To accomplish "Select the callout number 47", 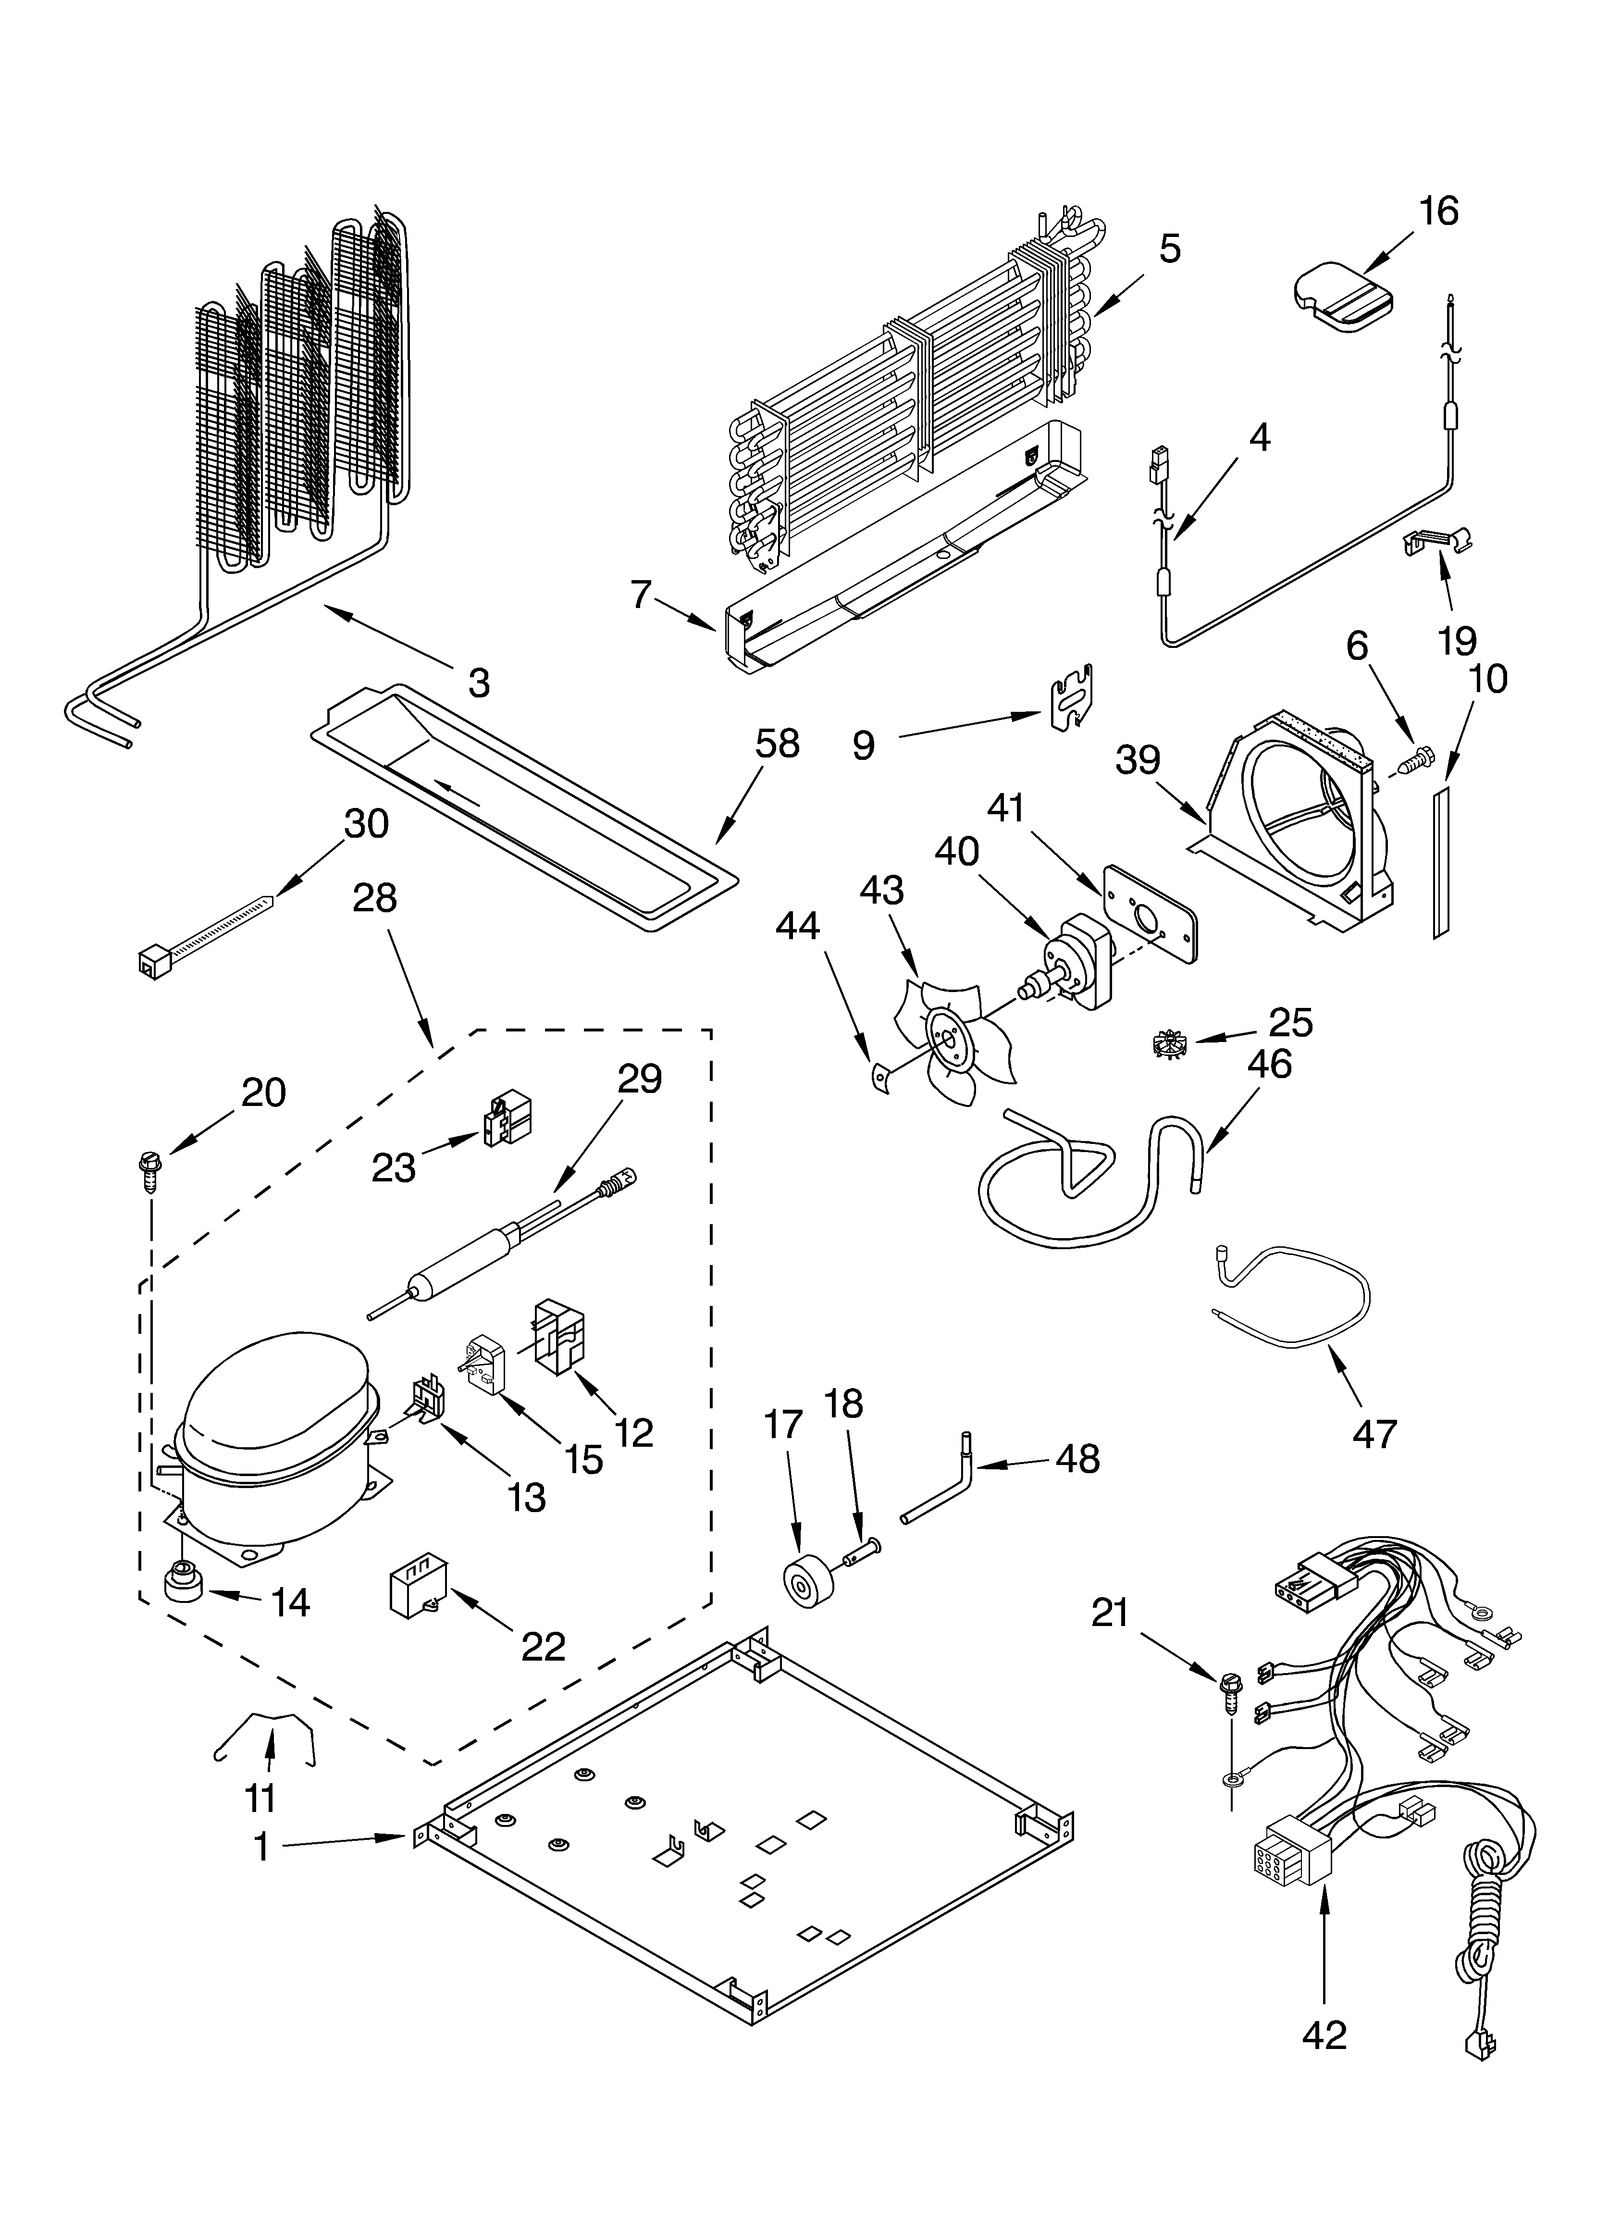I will tap(1374, 1434).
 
